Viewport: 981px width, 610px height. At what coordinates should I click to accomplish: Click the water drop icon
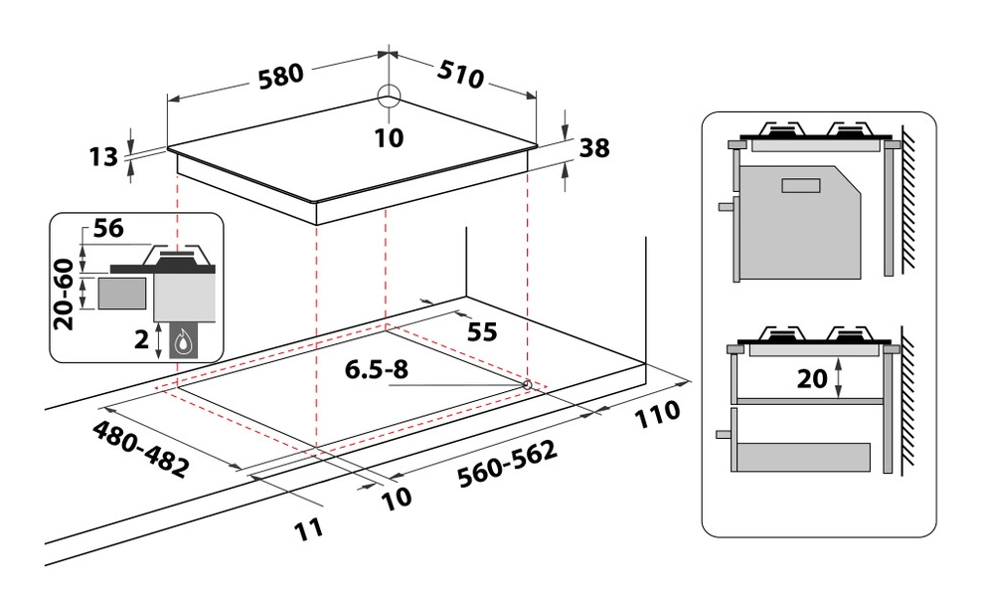(184, 341)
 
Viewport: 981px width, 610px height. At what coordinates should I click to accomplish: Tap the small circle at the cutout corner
(527, 383)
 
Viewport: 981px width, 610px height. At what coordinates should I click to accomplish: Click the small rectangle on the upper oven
(797, 185)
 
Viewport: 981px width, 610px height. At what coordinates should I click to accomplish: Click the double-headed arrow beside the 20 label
(841, 377)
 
